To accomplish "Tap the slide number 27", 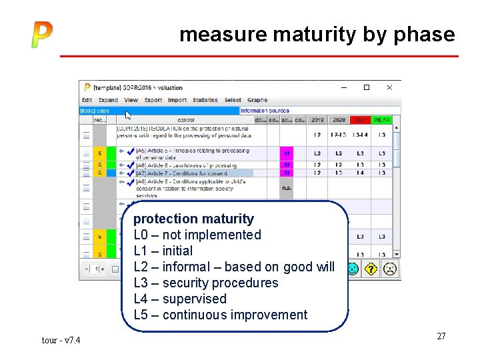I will click(441, 336).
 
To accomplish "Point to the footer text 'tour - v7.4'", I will click(61, 340).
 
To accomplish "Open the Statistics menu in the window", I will click(205, 100).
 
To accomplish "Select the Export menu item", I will click(153, 100).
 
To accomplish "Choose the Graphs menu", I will click(257, 100).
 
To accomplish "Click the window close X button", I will click(390, 87).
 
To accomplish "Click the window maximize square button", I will click(366, 87).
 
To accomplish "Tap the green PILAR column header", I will click(381, 120).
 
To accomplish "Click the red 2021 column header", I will click(360, 120).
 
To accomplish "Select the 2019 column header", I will click(317, 120).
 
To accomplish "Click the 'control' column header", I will click(186, 120).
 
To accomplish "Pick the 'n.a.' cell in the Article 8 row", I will click(287, 188).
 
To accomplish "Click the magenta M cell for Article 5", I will click(287, 153).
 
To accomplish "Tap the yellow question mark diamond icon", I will click(371, 269).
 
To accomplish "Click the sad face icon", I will click(390, 269).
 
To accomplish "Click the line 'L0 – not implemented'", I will click(197, 235).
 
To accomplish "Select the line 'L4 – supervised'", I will click(180, 299).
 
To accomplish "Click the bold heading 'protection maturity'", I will click(193, 219).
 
